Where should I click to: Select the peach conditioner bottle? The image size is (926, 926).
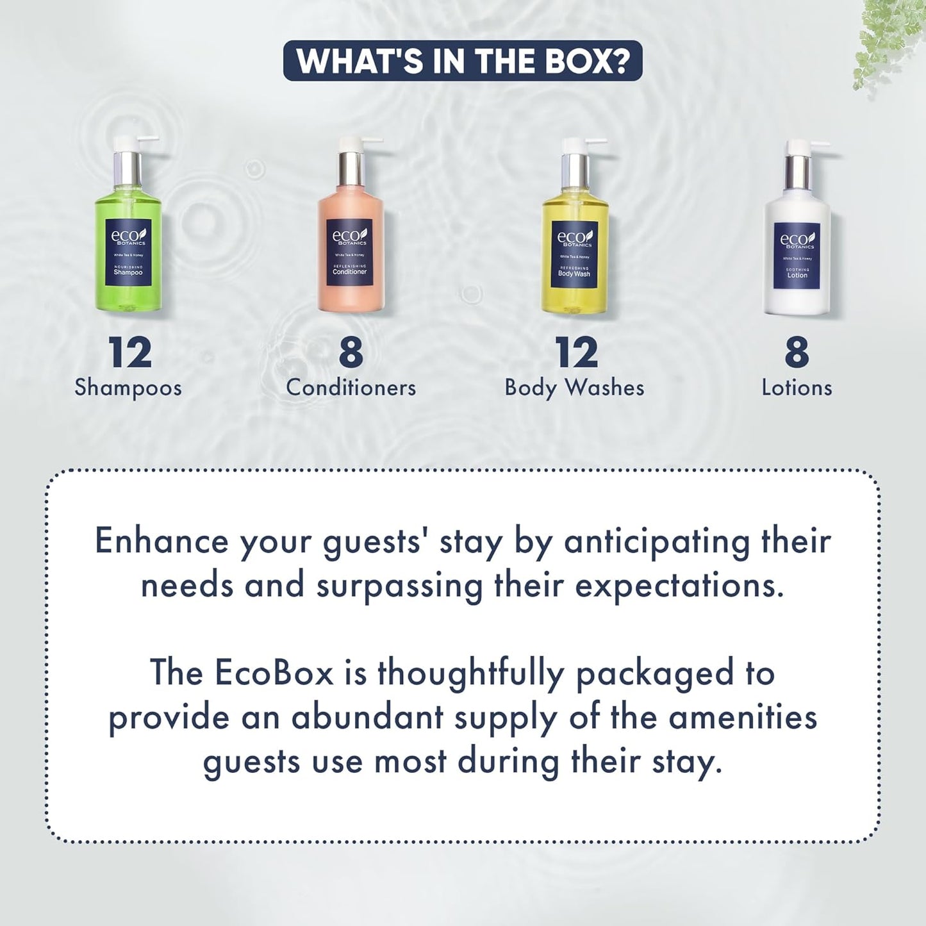tap(351, 250)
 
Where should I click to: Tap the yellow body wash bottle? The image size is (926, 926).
tap(575, 253)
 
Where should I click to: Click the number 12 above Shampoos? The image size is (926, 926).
tap(129, 352)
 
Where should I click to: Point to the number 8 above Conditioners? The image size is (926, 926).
tap(351, 352)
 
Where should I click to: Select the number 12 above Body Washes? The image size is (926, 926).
tap(576, 352)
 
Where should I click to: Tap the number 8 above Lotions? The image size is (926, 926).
tap(797, 352)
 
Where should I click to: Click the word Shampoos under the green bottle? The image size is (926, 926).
tap(128, 388)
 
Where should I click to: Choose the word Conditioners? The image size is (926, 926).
tap(351, 388)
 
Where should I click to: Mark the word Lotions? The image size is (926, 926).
tap(797, 388)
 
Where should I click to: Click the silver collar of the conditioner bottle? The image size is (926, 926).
tap(351, 168)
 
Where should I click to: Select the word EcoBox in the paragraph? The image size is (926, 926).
tap(274, 673)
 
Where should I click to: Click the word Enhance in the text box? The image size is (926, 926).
tap(161, 541)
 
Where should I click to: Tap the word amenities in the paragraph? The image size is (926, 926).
tap(743, 717)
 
